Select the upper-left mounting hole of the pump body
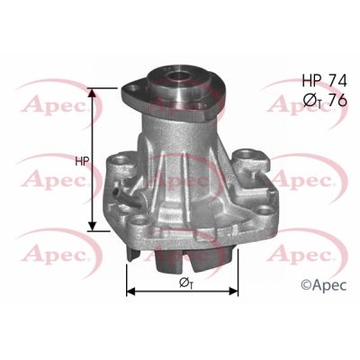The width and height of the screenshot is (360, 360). pos(120,166)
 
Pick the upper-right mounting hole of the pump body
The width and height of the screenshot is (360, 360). pos(246,162)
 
